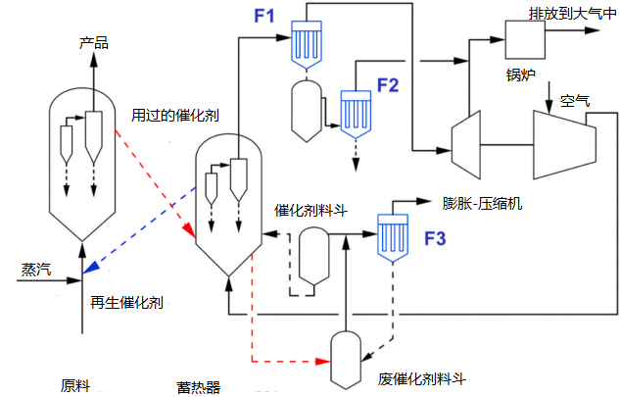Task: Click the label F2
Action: [388, 84]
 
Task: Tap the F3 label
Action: [435, 237]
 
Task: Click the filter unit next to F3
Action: [393, 233]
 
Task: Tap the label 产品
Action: [94, 43]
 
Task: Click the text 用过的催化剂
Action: [175, 115]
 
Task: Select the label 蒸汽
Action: [36, 269]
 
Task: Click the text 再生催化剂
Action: [126, 303]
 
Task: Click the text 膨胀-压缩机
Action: [483, 204]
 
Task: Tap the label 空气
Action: [575, 101]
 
